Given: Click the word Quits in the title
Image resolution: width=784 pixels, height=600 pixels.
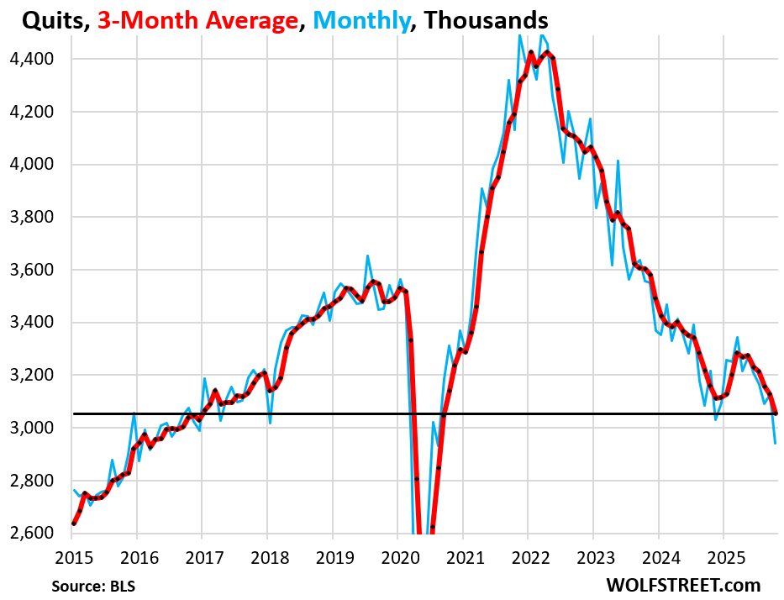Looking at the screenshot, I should pyautogui.click(x=40, y=19).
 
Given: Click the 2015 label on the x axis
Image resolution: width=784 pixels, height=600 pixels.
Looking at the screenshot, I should pyautogui.click(x=72, y=555).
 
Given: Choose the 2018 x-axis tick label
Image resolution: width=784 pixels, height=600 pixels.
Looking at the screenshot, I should pyautogui.click(x=267, y=555).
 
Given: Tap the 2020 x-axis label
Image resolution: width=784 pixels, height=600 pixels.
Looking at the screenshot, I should pyautogui.click(x=397, y=555).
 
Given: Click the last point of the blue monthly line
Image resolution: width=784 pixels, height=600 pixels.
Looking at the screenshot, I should pyautogui.click(x=775, y=443).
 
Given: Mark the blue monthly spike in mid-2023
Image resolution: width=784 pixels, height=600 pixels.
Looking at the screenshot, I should pyautogui.click(x=618, y=161).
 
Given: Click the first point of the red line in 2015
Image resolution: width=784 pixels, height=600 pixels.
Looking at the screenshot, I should pyautogui.click(x=74, y=524).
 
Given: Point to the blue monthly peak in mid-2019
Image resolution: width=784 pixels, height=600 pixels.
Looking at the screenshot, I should pyautogui.click(x=367, y=255).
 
